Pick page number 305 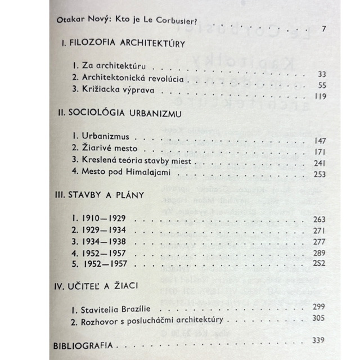[319, 317]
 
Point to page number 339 [319, 340]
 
